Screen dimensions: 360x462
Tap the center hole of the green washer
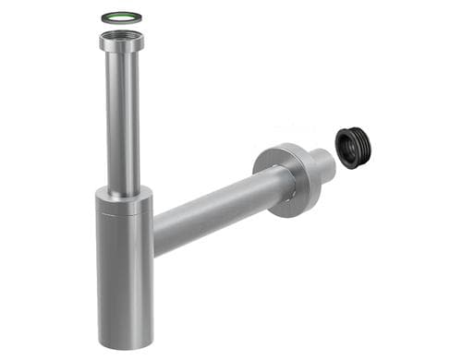tap(121, 17)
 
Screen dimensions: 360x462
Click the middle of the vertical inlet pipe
tap(122, 120)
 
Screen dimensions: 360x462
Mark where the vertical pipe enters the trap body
tap(123, 192)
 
